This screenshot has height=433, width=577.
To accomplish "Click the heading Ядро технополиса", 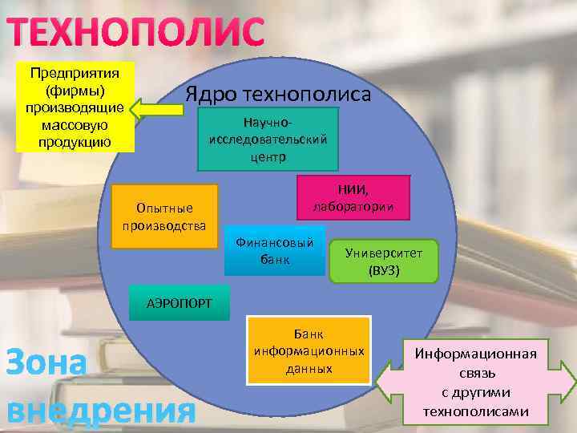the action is point(278,94).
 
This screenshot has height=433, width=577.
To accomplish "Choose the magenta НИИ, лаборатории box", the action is point(353,198).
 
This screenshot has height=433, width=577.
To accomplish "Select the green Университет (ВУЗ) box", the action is point(383,261).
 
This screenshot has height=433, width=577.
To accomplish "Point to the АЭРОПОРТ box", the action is point(180,302).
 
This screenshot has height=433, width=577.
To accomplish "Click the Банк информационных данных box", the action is point(309,350).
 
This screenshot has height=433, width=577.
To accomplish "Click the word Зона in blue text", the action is point(46,363).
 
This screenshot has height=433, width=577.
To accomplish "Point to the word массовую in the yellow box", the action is point(74,126).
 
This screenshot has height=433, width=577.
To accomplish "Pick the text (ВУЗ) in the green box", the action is point(384,271).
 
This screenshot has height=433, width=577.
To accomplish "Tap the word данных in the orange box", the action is point(309,369).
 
